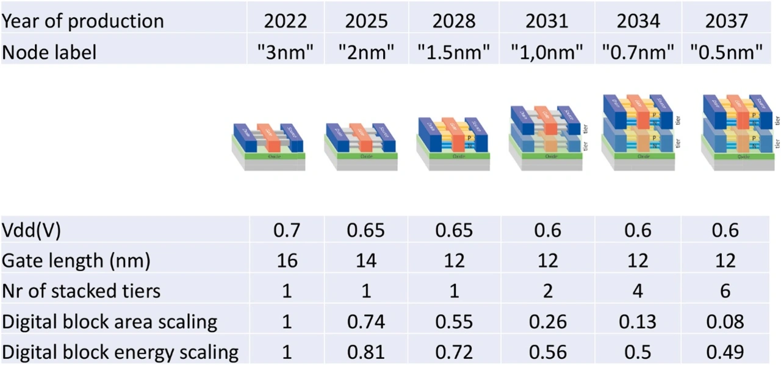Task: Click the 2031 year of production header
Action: coord(547,21)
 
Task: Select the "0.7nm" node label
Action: coord(638,52)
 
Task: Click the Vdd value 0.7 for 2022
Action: coord(287,231)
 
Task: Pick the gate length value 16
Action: coord(287,261)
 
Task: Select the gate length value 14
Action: coord(366,261)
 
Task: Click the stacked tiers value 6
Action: coord(725,291)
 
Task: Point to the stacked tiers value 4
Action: coord(638,291)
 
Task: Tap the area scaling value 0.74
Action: coord(366,321)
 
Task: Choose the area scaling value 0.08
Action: coord(725,321)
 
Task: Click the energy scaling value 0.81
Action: coord(366,352)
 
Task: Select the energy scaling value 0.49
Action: coord(725,352)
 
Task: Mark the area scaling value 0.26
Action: coord(547,321)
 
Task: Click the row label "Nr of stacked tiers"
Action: coord(82,291)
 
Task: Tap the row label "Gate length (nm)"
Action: coord(76,261)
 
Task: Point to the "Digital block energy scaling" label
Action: coord(120,352)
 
